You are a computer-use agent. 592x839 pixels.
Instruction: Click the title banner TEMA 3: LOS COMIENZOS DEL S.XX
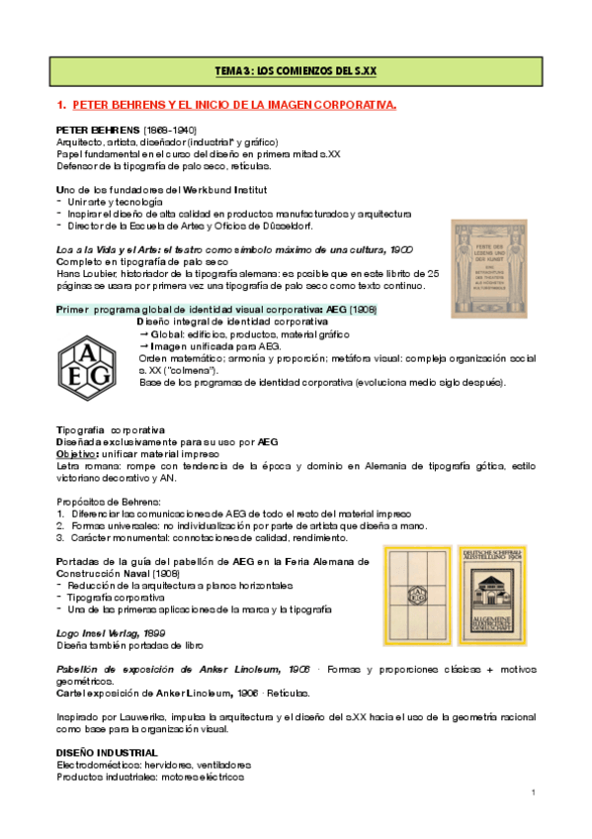(296, 71)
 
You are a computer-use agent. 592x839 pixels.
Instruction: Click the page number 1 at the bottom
(533, 792)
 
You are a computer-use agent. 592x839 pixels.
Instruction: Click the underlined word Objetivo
(75, 453)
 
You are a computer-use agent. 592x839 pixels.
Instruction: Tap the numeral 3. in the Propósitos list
(60, 537)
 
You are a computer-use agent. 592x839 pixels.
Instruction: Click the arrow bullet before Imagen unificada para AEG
(143, 346)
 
